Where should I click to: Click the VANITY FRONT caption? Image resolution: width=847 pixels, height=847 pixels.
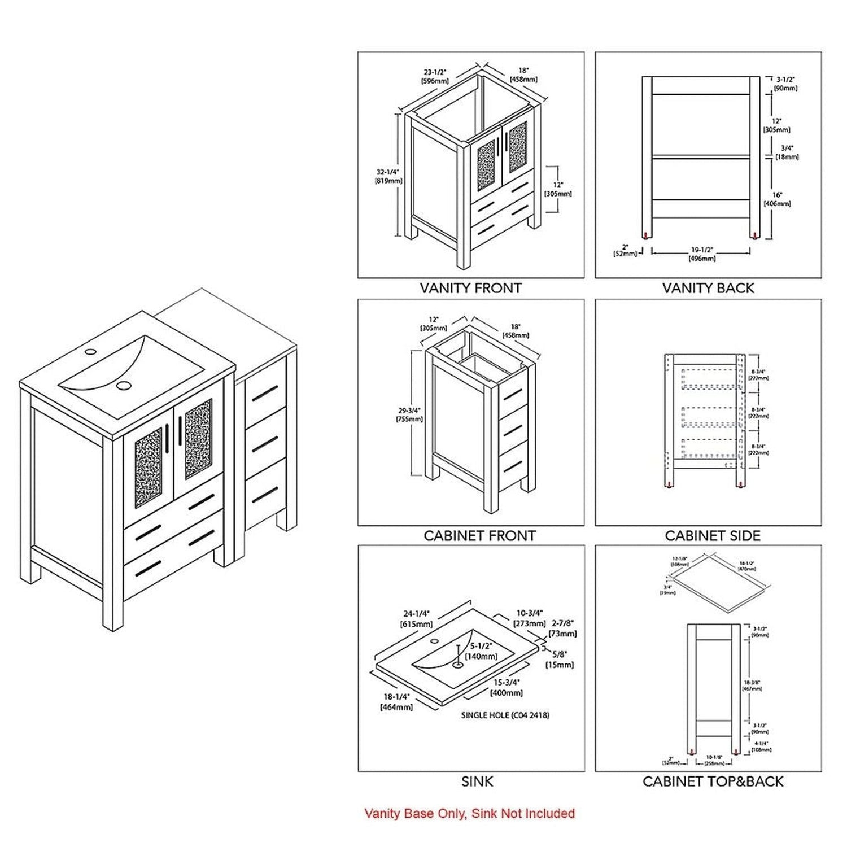470,288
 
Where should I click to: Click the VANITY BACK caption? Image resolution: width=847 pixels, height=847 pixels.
708,288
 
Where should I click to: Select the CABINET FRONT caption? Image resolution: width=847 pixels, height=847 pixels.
479,535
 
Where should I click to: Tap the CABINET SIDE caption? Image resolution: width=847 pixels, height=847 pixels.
713,535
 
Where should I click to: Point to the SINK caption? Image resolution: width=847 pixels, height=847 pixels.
477,781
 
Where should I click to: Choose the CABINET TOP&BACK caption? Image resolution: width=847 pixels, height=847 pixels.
713,781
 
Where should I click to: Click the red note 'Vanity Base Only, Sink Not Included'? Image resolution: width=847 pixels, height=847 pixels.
469,814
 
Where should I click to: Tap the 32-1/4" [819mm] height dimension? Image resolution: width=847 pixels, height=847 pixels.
388,176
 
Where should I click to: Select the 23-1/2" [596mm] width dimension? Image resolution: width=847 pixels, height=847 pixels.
435,76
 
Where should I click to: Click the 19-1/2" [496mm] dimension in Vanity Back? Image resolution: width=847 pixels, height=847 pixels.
702,254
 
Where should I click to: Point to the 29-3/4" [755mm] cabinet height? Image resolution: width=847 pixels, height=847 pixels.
409,414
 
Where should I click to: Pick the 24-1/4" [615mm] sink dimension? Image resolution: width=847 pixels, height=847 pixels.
417,619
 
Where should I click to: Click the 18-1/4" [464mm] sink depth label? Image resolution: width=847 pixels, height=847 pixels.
396,702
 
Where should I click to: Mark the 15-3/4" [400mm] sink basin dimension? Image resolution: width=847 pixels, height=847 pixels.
507,688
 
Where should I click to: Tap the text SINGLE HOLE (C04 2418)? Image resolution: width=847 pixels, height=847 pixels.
505,715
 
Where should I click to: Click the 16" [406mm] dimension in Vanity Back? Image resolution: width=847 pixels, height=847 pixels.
778,199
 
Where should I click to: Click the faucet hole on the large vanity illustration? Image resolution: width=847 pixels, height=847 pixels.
89,352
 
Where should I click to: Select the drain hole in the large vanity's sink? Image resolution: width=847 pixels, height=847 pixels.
125,386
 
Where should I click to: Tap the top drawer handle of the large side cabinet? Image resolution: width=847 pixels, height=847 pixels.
265,394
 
